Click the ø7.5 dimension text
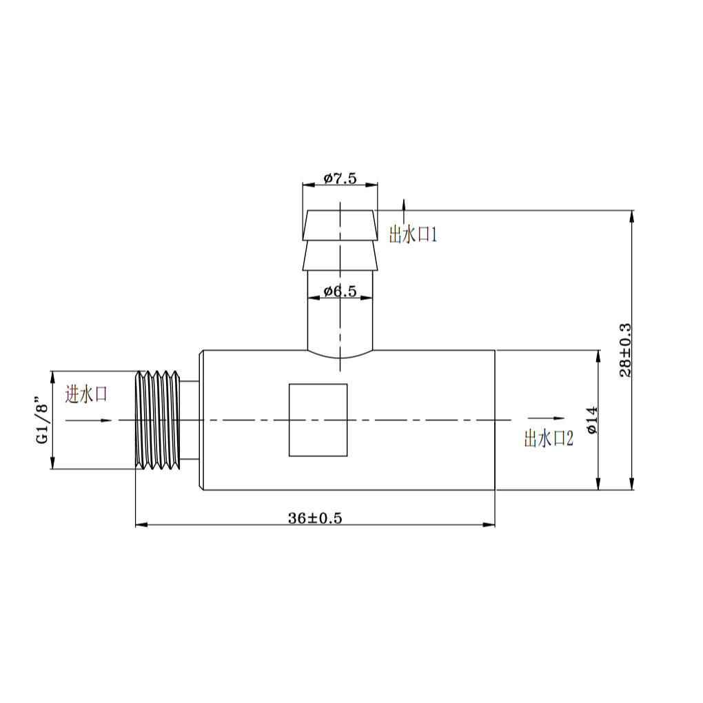[340, 179]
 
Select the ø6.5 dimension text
[340, 292]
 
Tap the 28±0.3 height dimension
[625, 350]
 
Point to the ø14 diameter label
[592, 420]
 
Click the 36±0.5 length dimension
[315, 518]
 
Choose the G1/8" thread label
[41, 420]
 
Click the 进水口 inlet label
[86, 394]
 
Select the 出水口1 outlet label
[413, 234]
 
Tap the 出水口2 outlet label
[549, 438]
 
